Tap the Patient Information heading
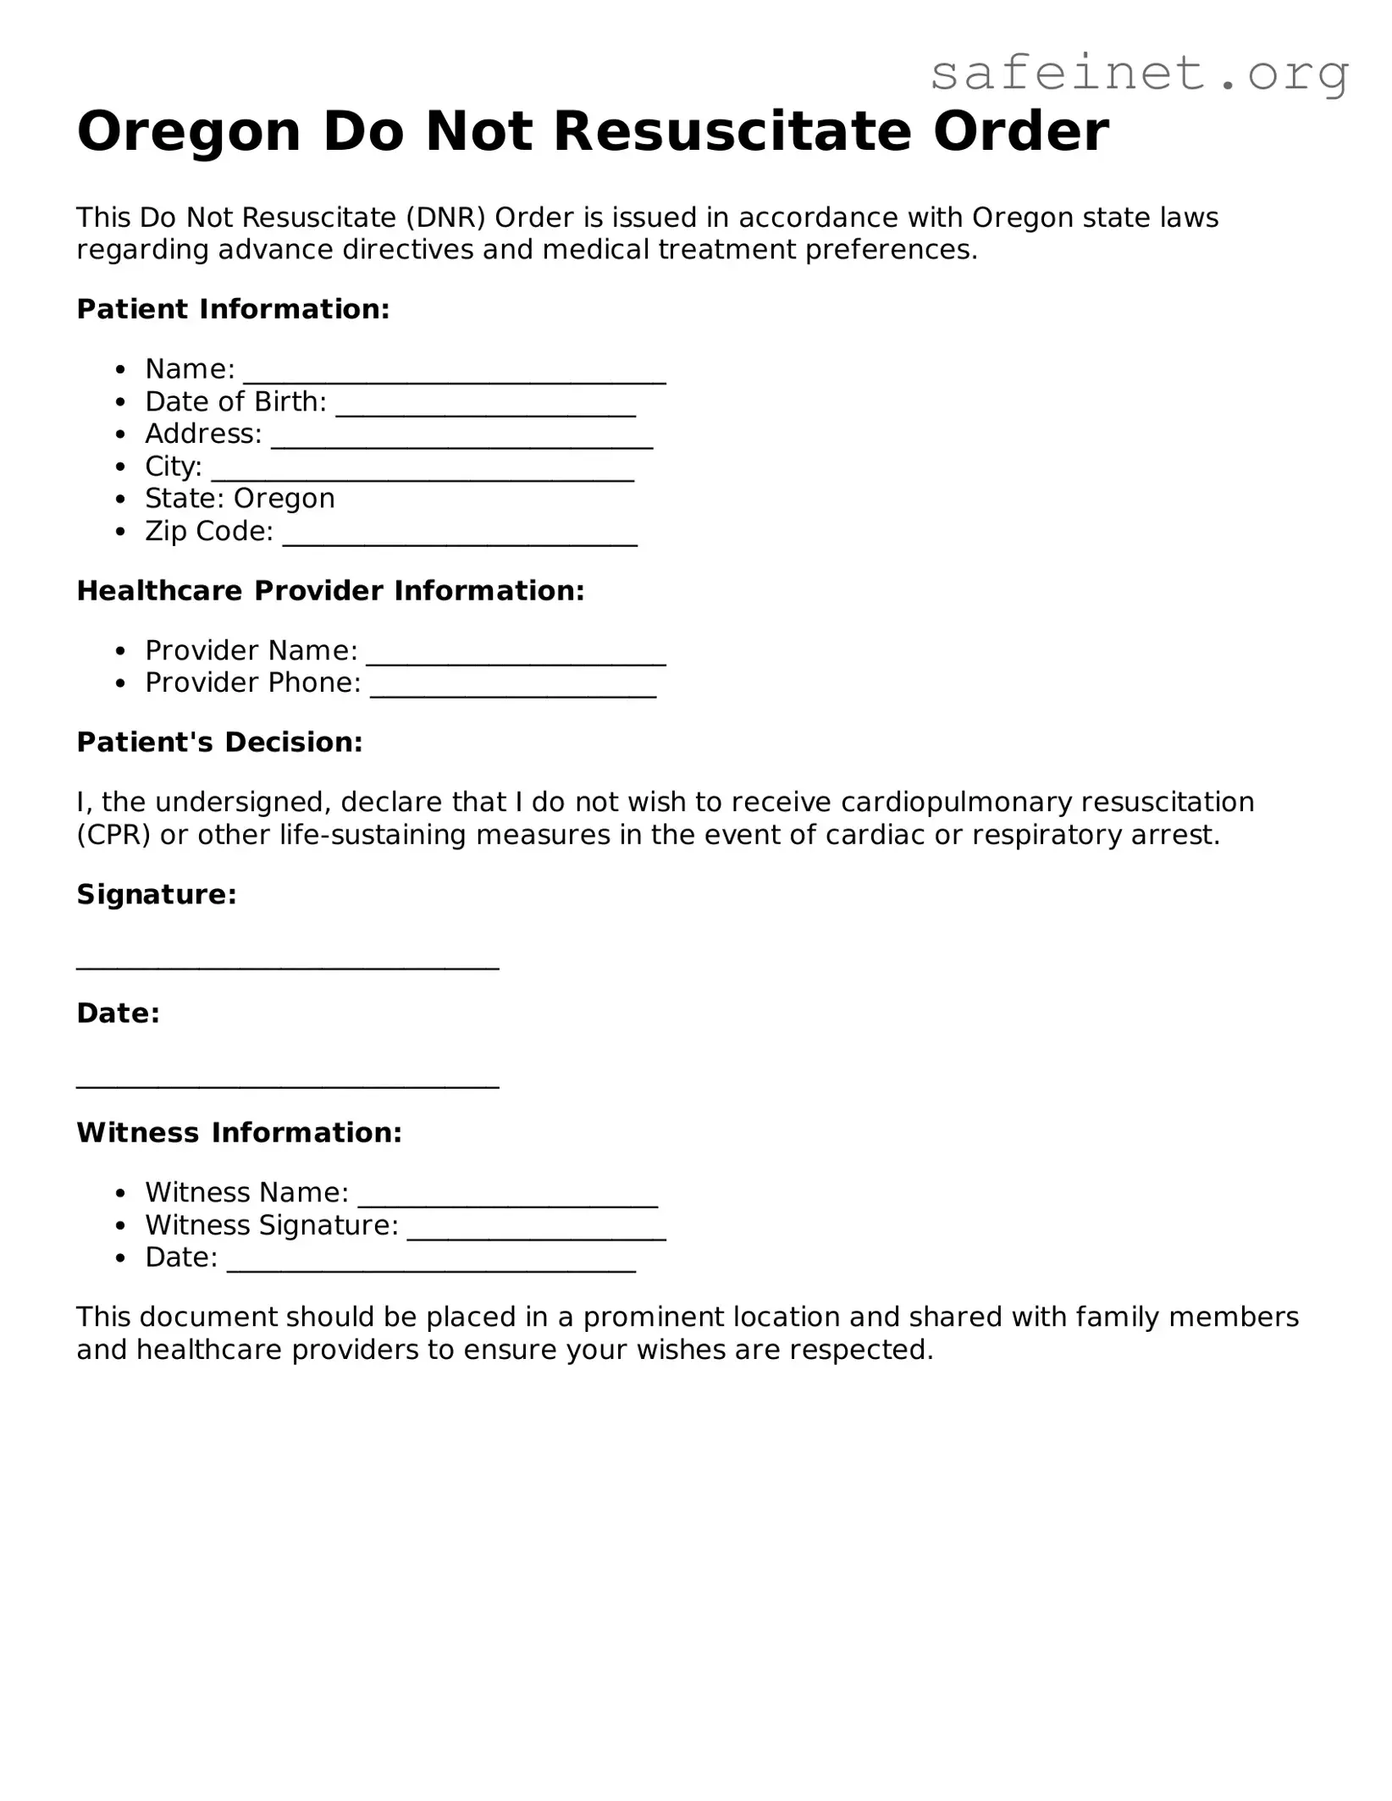pos(233,309)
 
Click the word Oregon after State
pos(284,499)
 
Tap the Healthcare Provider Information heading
pos(330,590)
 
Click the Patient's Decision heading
pos(219,742)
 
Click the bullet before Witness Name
pos(122,1194)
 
